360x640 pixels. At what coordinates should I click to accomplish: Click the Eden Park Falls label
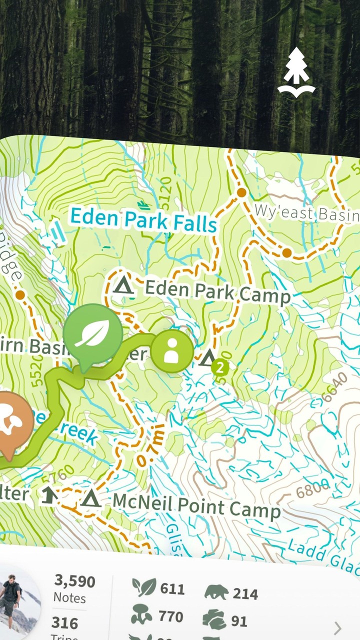tap(143, 220)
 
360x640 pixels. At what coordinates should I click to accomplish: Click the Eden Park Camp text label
tap(217, 292)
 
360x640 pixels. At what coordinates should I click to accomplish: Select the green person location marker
tap(172, 350)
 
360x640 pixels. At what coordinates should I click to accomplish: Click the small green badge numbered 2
tap(219, 368)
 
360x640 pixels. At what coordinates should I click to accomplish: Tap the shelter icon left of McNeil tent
tap(48, 495)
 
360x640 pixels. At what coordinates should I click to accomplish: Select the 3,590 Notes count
tap(74, 588)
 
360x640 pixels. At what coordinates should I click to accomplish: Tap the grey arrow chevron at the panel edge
tap(338, 628)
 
